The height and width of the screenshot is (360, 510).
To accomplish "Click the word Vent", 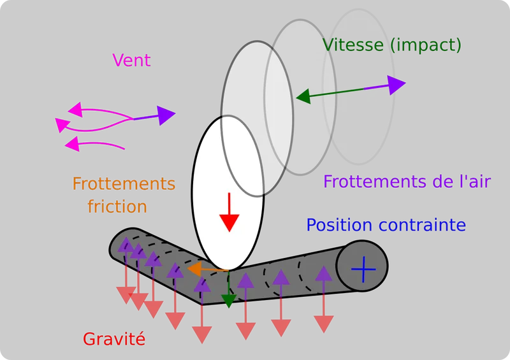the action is coord(131,60).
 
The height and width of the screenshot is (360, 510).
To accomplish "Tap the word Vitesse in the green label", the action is coord(353,45).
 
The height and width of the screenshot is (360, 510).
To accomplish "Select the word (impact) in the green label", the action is coord(426,45).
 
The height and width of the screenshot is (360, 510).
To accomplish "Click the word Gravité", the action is coord(114,339).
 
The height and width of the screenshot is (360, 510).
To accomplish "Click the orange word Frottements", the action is coord(124,184).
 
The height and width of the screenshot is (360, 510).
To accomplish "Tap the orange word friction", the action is coord(117,206).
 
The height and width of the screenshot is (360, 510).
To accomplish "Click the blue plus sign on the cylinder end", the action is coord(363,269).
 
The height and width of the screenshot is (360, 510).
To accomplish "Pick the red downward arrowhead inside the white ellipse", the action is coord(229,222).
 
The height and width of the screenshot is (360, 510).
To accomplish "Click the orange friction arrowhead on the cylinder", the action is coord(194,270).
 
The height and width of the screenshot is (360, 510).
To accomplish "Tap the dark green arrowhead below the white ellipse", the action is coord(229,301).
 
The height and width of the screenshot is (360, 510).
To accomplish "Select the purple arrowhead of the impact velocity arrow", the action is coord(397,85).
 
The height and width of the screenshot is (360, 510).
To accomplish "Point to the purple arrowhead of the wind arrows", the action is coord(166,115).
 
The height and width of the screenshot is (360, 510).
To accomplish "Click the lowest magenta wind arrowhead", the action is coord(72,144).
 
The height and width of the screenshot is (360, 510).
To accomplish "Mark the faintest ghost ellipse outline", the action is coord(359,87).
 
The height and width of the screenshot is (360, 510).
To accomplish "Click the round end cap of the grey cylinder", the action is coord(362,266).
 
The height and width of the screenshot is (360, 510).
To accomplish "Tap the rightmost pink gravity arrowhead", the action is coord(324,324).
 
